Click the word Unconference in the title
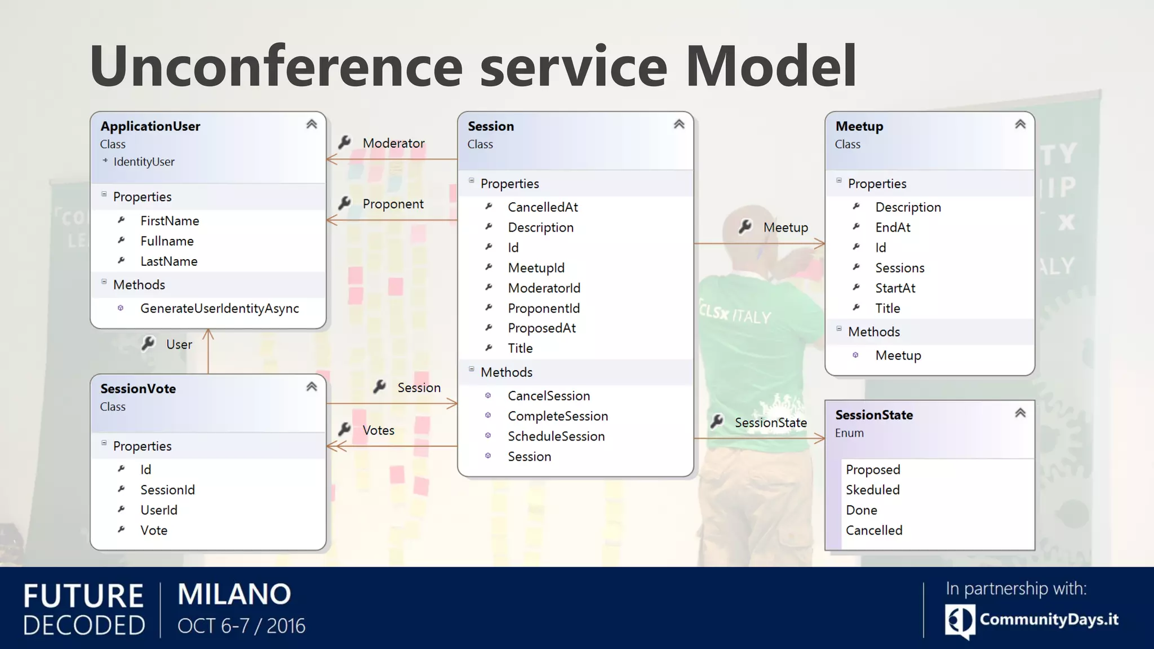276,66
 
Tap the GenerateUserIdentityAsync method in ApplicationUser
219,308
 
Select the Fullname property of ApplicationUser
167,241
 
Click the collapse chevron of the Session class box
679,125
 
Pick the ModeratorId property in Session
544,288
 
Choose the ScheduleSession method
556,436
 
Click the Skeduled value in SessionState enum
872,490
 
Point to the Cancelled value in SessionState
873,530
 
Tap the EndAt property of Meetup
893,227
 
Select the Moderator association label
393,143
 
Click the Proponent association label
393,204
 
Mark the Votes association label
378,430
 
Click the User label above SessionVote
179,344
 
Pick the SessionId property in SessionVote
167,490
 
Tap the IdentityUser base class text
144,162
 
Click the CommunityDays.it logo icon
959,620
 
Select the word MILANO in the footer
234,594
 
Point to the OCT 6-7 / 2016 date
241,626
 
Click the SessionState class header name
874,415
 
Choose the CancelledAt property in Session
543,207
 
